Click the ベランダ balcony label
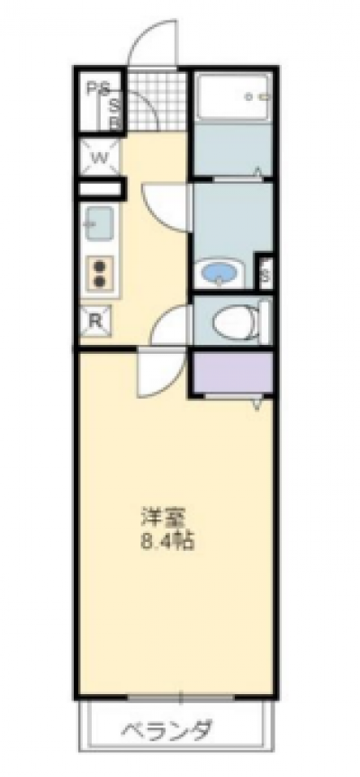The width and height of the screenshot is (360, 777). [166, 730]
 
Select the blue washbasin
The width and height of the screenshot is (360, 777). [218, 273]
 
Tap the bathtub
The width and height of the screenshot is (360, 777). [233, 96]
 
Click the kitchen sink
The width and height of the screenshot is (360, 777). [98, 224]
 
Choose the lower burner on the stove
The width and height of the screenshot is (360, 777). [101, 282]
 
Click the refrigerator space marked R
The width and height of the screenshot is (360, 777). [95, 321]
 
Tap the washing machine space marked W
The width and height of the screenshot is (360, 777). [100, 158]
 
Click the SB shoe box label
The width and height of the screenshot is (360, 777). [114, 113]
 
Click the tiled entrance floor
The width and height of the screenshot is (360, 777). [156, 102]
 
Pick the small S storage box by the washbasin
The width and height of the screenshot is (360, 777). [265, 274]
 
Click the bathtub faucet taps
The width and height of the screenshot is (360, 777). [259, 96]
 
